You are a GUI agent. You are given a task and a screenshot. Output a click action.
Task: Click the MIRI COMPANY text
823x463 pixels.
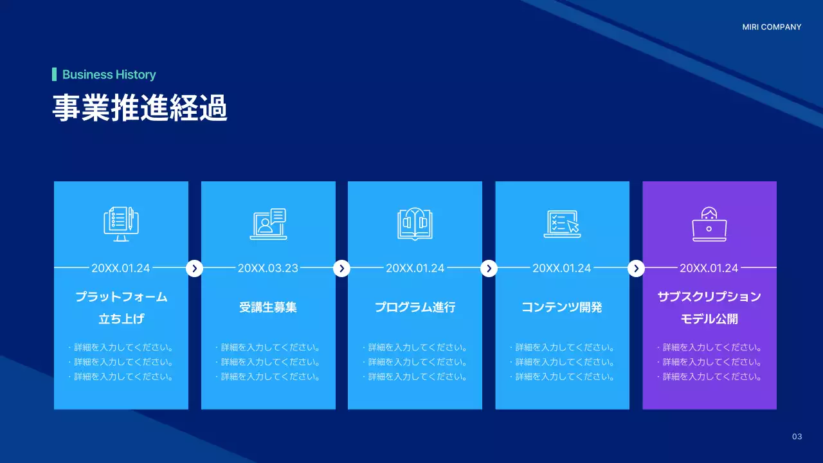tap(772, 27)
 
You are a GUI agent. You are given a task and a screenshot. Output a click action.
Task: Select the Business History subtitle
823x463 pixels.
tap(109, 75)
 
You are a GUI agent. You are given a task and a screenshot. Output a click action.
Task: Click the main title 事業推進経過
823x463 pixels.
tap(140, 109)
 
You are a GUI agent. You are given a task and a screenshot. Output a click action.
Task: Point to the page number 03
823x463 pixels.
tap(797, 437)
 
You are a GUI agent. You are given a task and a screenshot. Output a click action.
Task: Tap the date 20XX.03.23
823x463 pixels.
tap(268, 268)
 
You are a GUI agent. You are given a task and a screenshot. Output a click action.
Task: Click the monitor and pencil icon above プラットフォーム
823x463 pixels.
tap(121, 224)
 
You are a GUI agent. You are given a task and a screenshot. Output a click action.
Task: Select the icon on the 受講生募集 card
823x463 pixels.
tap(268, 224)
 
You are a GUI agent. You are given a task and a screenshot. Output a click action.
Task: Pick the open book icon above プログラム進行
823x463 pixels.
tap(415, 224)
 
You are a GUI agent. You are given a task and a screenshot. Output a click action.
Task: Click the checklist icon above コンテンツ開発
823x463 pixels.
tap(562, 222)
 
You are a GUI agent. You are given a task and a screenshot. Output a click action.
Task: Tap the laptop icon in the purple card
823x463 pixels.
tap(709, 224)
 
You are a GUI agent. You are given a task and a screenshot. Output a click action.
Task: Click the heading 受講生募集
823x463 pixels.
tap(268, 307)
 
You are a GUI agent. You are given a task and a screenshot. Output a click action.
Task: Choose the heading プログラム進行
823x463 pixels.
tap(415, 307)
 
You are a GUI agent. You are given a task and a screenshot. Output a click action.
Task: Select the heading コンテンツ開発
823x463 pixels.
tap(562, 307)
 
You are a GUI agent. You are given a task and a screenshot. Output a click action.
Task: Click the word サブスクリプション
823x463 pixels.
tap(709, 296)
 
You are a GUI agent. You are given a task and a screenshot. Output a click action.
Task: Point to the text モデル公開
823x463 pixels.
tap(709, 319)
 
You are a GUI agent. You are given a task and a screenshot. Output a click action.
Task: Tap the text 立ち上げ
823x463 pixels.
tap(121, 319)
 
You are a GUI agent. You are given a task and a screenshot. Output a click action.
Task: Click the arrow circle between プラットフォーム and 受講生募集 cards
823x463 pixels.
tap(195, 268)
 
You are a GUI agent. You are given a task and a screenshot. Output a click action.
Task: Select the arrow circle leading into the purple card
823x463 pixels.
tap(636, 268)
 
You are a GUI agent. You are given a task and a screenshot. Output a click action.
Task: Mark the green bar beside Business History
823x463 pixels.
tap(55, 75)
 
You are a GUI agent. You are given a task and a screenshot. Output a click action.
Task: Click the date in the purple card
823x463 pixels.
tap(709, 268)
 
